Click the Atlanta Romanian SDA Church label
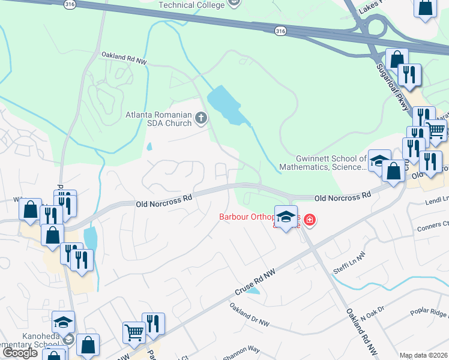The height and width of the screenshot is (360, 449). click(158, 119)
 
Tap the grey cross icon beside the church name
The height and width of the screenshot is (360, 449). click(201, 118)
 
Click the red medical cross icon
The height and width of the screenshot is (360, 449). click(310, 220)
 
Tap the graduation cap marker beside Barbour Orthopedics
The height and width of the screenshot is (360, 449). click(286, 217)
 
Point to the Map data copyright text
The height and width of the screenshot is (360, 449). click(424, 355)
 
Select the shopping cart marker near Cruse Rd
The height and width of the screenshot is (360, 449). click(134, 332)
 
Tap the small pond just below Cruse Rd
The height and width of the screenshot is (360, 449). click(254, 291)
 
